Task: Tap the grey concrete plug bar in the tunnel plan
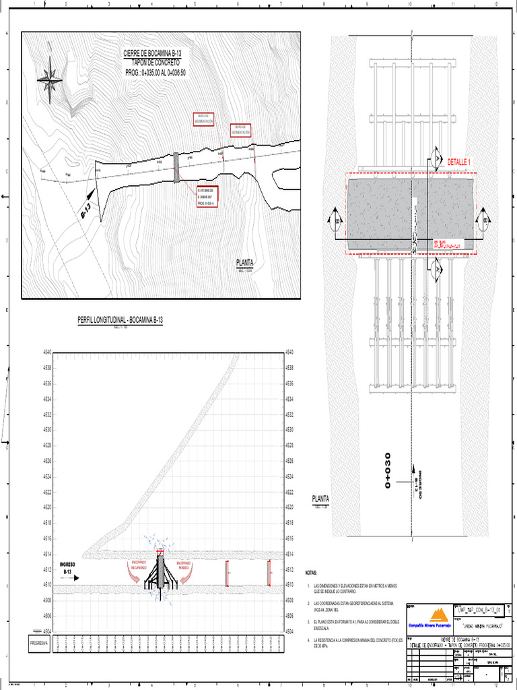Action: point(176,167)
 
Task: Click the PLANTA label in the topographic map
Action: point(244,263)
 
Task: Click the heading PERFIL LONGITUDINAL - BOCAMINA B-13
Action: point(120,319)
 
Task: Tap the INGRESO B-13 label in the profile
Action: point(68,567)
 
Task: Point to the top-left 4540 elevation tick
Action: point(47,352)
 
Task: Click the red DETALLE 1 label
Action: point(459,162)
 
